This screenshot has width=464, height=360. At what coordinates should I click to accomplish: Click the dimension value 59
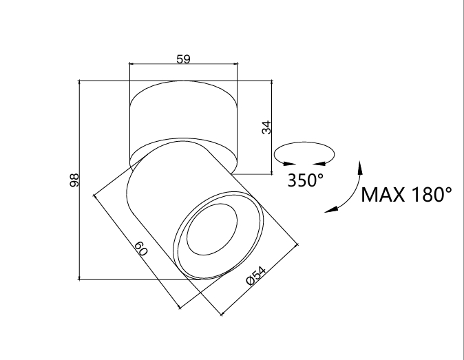click(x=183, y=59)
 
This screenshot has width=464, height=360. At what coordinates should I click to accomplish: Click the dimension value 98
click(x=74, y=180)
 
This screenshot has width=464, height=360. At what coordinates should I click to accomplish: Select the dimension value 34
click(x=266, y=127)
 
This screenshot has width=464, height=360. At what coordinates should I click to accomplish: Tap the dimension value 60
click(x=141, y=248)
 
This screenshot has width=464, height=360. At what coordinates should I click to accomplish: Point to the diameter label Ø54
click(x=256, y=275)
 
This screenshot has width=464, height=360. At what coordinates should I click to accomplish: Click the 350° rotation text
click(x=306, y=180)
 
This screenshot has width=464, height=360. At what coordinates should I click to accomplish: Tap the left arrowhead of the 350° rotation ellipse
click(x=289, y=163)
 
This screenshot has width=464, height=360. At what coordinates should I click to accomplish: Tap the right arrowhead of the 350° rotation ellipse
click(x=319, y=163)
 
